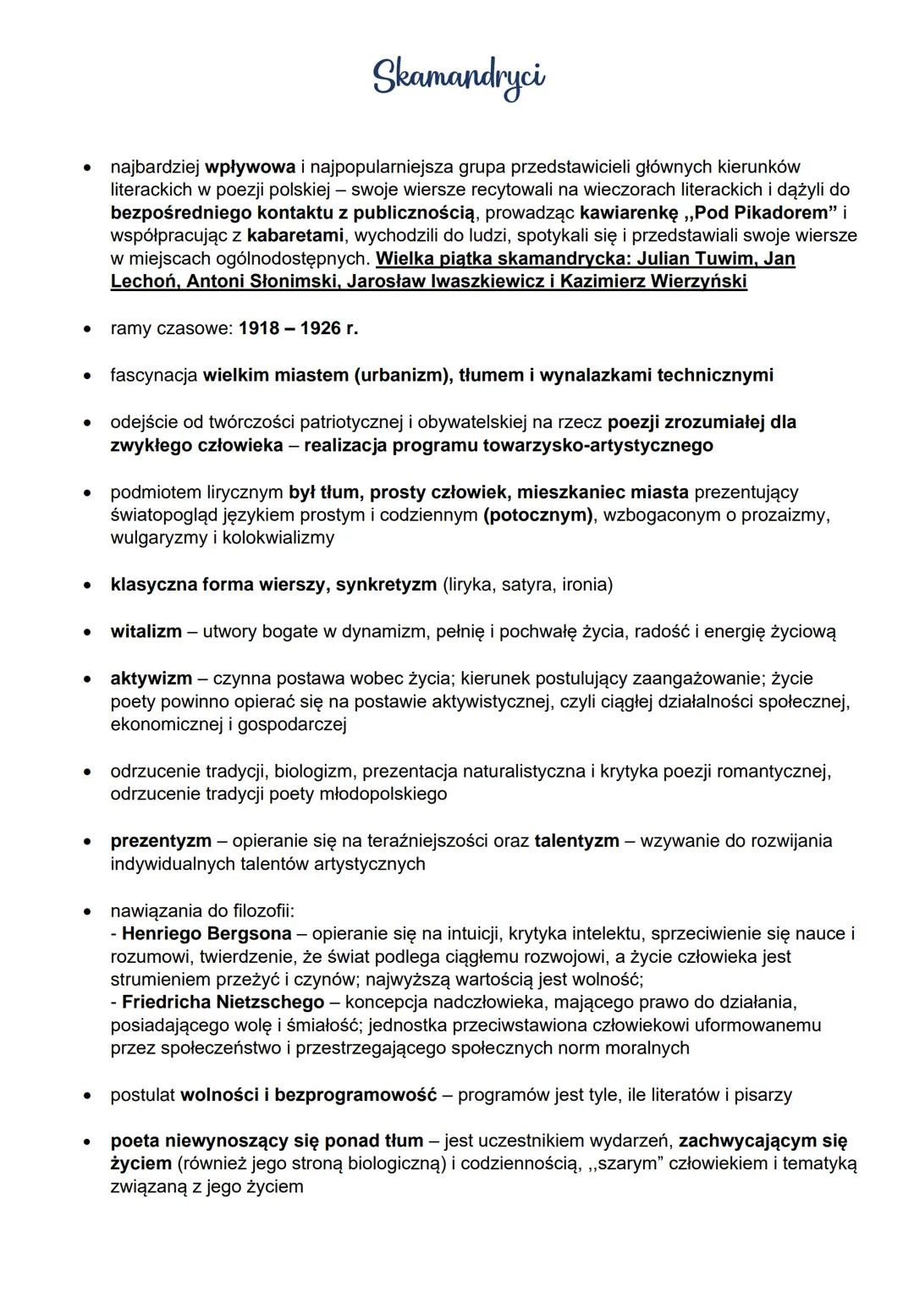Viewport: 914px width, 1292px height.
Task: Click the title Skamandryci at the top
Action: [459, 78]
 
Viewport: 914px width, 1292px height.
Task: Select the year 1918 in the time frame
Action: [259, 328]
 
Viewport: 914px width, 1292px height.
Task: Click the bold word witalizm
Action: [146, 631]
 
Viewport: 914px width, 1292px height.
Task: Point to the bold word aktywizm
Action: [151, 679]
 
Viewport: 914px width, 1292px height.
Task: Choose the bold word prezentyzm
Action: [161, 841]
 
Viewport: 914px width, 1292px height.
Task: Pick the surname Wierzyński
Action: [698, 281]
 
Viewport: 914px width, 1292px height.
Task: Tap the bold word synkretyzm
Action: [386, 585]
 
